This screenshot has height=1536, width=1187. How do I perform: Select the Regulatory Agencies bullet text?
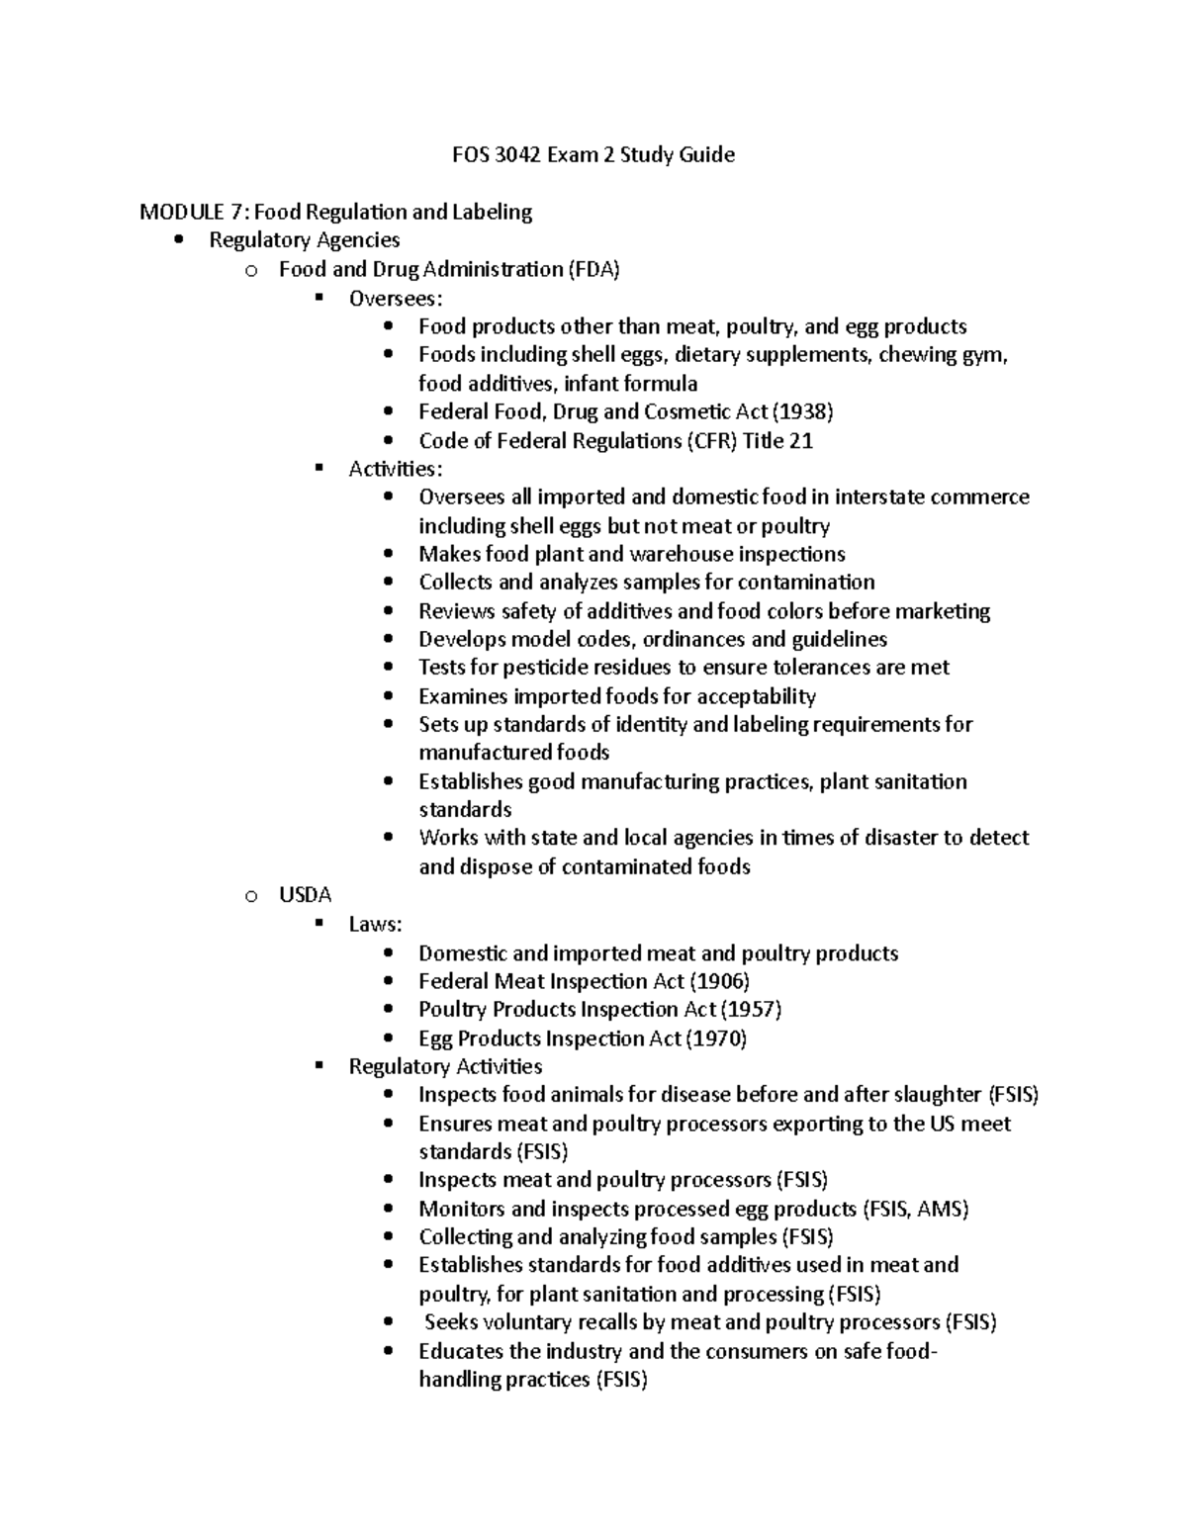pyautogui.click(x=305, y=240)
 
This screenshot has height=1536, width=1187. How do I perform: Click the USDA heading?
pyautogui.click(x=305, y=895)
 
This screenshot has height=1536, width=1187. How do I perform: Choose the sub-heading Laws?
pyautogui.click(x=375, y=925)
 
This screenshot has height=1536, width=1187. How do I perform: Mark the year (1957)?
pyautogui.click(x=751, y=1010)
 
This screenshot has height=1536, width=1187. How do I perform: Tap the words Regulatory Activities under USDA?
pyautogui.click(x=445, y=1066)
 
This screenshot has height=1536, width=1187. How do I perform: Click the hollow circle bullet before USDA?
pyautogui.click(x=250, y=896)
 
